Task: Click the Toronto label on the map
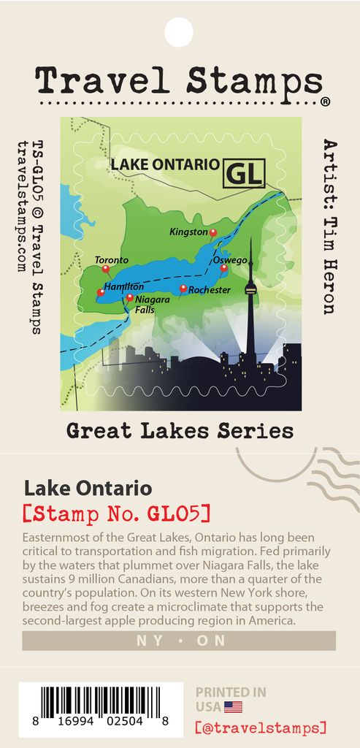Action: [x=111, y=260]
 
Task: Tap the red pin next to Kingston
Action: [x=213, y=233]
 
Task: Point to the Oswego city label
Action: [x=229, y=260]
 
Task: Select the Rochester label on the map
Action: [x=210, y=290]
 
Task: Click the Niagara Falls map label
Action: [x=152, y=305]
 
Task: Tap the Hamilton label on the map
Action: [x=123, y=287]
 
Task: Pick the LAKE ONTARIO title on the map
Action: [x=164, y=164]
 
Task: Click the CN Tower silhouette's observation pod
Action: [x=250, y=290]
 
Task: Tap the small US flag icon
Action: [x=233, y=707]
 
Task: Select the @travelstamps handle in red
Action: [x=261, y=728]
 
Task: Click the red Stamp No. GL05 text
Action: [x=116, y=514]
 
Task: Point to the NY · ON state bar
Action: [x=179, y=641]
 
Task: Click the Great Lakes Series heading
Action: [x=180, y=431]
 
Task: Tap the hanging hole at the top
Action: [x=179, y=32]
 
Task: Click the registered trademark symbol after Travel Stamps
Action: [x=325, y=102]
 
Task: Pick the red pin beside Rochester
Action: [x=183, y=289]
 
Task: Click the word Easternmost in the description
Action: [x=54, y=538]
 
